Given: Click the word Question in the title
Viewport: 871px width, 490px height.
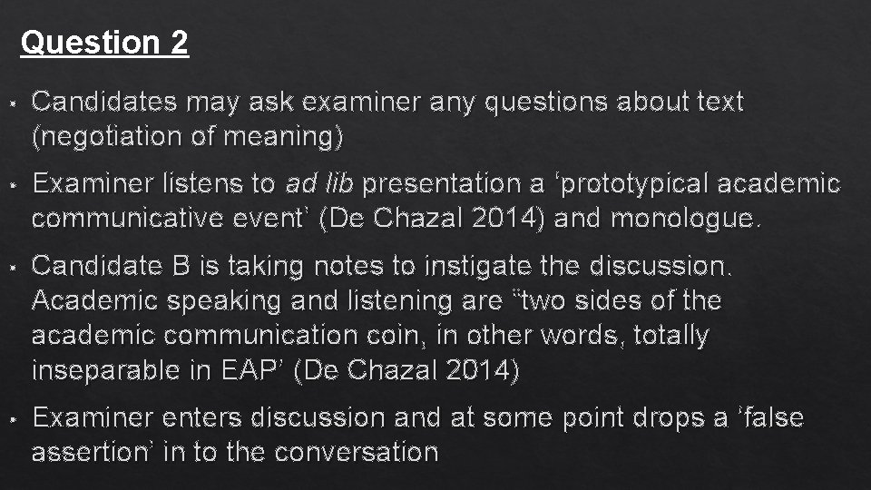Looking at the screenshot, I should (89, 42).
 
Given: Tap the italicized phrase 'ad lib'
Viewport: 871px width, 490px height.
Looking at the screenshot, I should (322, 184).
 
